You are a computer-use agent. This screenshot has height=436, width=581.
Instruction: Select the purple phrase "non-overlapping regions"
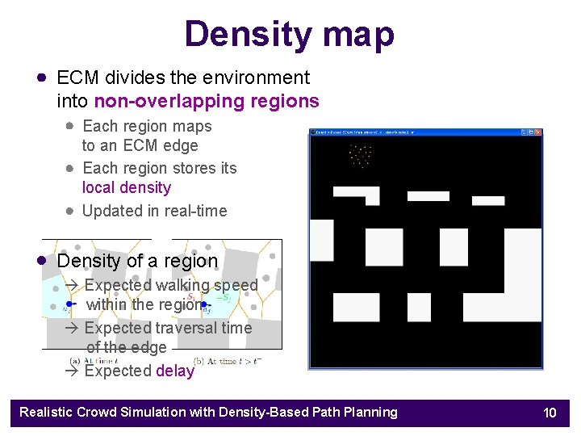pos(207,101)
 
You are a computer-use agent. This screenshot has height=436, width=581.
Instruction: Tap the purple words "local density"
pos(127,187)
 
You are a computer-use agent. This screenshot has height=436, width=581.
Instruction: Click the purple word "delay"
pos(175,371)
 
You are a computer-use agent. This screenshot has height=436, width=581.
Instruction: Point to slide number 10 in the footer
pos(550,413)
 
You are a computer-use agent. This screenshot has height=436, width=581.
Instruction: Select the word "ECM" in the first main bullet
pos(77,78)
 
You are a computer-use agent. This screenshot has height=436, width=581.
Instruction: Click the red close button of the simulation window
pos(537,132)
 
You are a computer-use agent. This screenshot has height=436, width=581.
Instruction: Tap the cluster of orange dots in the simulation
pos(360,154)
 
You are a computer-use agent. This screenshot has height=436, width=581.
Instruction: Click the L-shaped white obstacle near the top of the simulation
pos(357,195)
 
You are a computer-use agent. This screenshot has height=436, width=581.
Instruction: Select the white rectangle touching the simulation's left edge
pos(321,240)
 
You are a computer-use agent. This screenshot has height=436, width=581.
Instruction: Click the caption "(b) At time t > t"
pos(227,361)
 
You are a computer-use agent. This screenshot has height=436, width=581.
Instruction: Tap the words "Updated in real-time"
pos(155,211)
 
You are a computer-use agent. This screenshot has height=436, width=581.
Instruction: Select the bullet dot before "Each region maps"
pos(70,126)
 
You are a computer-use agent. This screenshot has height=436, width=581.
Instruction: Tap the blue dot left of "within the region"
pos(70,304)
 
